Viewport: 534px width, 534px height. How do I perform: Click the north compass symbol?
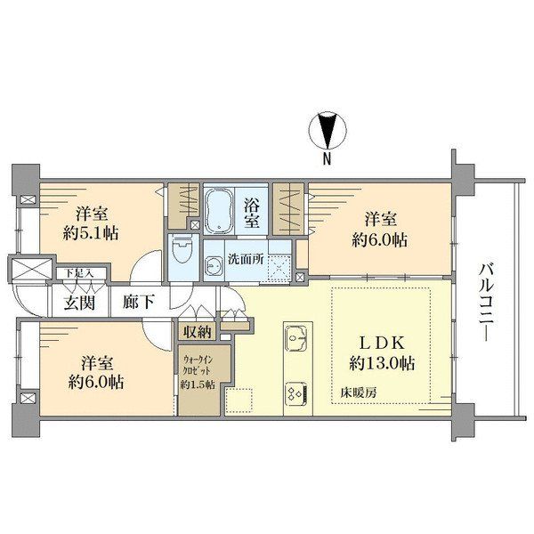327,132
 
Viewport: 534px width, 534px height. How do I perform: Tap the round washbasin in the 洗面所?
214,265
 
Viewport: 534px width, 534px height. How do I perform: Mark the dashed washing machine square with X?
279,266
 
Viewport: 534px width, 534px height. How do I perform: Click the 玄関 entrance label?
78,303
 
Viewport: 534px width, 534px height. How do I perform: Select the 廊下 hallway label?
138,303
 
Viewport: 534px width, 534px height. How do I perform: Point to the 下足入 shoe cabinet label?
72,275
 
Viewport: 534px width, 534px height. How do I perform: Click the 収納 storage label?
198,332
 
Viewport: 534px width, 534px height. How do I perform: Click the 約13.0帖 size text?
381,364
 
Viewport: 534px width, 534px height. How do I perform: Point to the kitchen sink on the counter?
295,339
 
